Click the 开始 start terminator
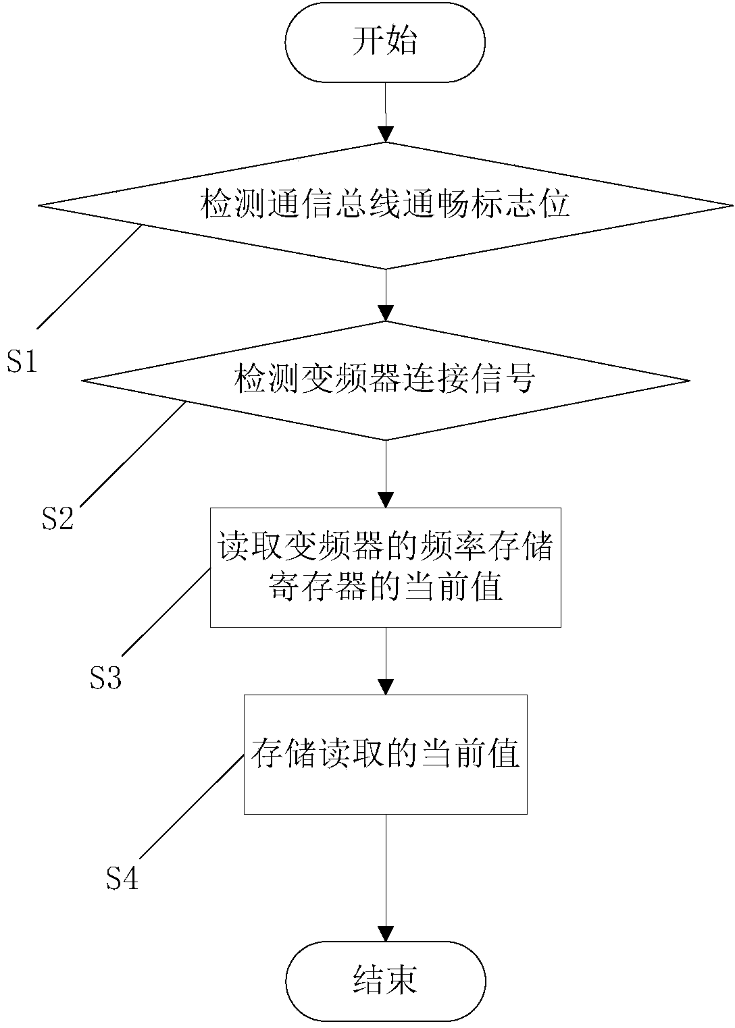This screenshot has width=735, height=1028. coord(385,41)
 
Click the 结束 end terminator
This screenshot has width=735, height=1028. coord(385,980)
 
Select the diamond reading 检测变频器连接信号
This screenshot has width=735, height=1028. coord(385,380)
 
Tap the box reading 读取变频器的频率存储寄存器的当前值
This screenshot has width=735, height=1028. coord(385,567)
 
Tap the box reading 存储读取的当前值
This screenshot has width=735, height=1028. coord(385,754)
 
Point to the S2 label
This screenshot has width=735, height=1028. coord(57,518)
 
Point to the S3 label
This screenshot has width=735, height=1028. coord(105,678)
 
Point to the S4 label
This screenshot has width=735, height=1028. coord(122,878)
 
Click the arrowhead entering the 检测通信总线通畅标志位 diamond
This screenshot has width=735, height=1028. coord(386,135)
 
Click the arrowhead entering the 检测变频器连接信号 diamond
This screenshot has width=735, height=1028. coord(386,313)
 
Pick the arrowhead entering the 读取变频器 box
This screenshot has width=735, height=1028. coord(386,499)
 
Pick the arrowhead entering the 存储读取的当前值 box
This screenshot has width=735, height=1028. coord(386,687)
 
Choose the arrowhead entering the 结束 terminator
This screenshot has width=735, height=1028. coord(386,934)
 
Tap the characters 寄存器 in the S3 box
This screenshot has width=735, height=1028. coord(315,588)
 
